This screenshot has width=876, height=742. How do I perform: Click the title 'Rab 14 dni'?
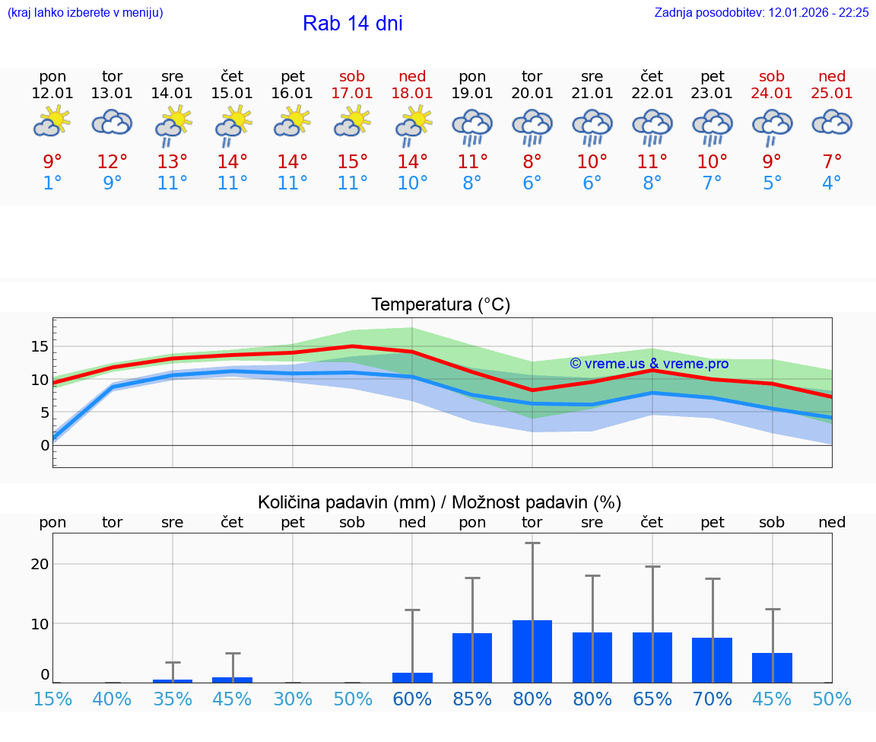coord(352,24)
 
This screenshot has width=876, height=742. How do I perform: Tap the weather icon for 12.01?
coord(52,122)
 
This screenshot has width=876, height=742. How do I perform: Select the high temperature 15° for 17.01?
coord(352,162)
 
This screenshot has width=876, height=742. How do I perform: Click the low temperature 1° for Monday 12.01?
coord(52,183)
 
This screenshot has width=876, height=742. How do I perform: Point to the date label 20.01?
coord(532,94)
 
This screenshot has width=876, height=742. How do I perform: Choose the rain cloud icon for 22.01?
coord(652,126)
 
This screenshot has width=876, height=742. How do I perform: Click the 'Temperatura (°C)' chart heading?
coord(440,305)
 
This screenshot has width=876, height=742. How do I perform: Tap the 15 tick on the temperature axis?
coord(40,346)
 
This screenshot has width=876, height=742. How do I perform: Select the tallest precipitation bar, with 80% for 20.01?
coord(532,651)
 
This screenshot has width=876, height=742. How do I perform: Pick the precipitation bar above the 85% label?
coord(472,658)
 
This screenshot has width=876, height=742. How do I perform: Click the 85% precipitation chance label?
coord(472,699)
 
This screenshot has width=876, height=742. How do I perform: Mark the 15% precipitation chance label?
coord(52,699)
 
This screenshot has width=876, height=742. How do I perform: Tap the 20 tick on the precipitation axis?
coord(40,564)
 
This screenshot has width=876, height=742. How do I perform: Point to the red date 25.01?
coord(832,94)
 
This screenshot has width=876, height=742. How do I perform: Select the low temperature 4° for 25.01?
coord(832,183)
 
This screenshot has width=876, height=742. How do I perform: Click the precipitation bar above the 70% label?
coord(713,660)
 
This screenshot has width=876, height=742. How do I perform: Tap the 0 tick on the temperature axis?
coord(45,445)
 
